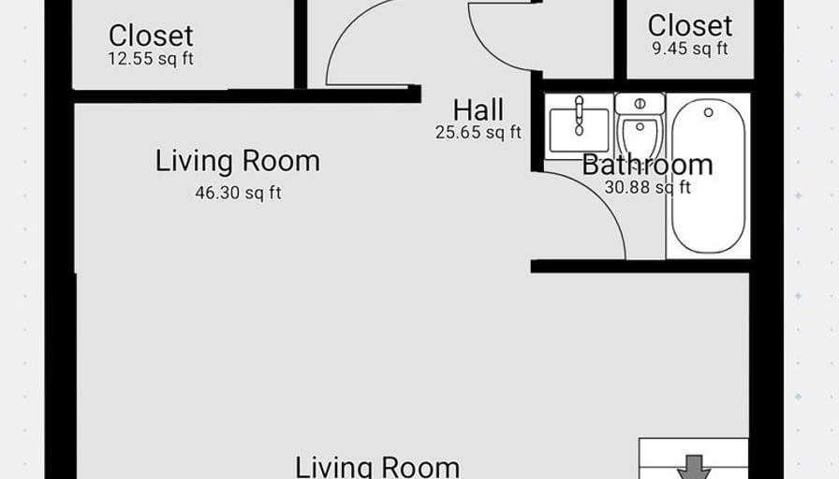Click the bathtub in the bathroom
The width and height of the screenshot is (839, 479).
(708, 176)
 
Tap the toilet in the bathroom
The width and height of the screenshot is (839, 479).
(640, 131)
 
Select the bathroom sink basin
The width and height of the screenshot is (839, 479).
(579, 131)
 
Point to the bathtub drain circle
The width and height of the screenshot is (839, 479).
(709, 112)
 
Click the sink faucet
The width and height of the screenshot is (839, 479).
(579, 115)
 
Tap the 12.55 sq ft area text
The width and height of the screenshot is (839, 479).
(151, 58)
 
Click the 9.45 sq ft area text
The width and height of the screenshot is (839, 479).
(690, 48)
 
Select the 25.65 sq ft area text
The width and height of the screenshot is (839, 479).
(478, 132)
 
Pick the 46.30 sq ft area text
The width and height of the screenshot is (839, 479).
(238, 193)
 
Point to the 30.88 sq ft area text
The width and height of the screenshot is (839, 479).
(647, 187)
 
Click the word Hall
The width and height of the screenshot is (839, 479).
(478, 110)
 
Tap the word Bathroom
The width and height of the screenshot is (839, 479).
(647, 165)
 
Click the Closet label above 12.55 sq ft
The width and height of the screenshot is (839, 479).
(151, 36)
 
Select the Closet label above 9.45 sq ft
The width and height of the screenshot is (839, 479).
(690, 25)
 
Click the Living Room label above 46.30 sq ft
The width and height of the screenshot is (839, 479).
(238, 161)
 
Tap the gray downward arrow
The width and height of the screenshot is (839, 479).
(694, 467)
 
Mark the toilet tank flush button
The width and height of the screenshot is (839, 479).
(640, 103)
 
